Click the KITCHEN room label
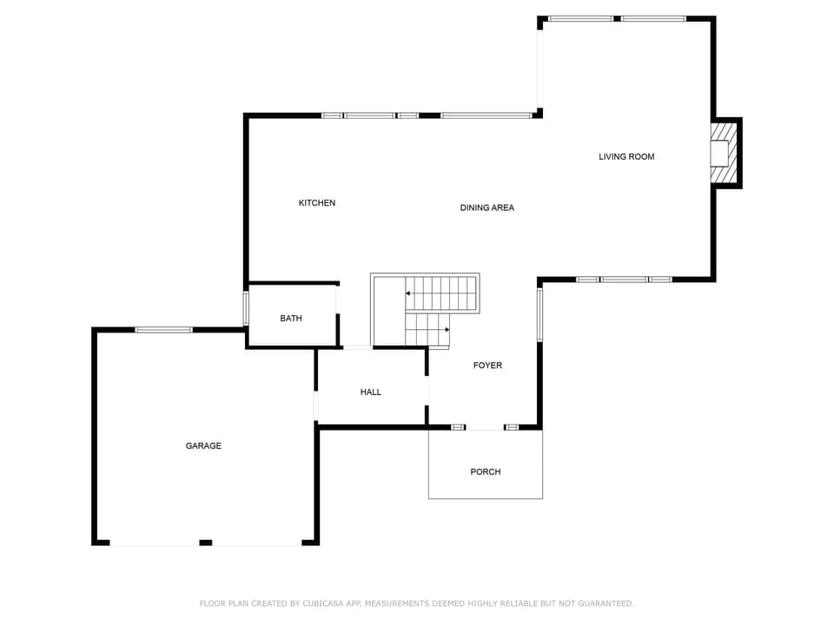pyautogui.click(x=317, y=203)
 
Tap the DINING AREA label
pyautogui.click(x=487, y=207)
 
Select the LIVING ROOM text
pyautogui.click(x=626, y=157)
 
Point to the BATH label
pyautogui.click(x=291, y=319)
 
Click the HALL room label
pyautogui.click(x=371, y=392)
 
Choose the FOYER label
pyautogui.click(x=487, y=365)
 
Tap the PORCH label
pyautogui.click(x=486, y=472)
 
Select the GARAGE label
pyautogui.click(x=203, y=446)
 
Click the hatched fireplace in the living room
pyautogui.click(x=724, y=154)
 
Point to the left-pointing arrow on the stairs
pyautogui.click(x=408, y=293)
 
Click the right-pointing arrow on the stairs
pyautogui.click(x=447, y=330)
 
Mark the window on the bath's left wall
pyautogui.click(x=246, y=308)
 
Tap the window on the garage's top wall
pyautogui.click(x=163, y=330)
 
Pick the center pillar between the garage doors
pyautogui.click(x=206, y=543)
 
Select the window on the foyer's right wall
pyautogui.click(x=539, y=314)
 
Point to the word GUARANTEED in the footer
pyautogui.click(x=602, y=603)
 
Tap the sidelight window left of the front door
pyautogui.click(x=458, y=427)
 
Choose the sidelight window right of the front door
pyautogui.click(x=512, y=427)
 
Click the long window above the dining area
pyautogui.click(x=486, y=115)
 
